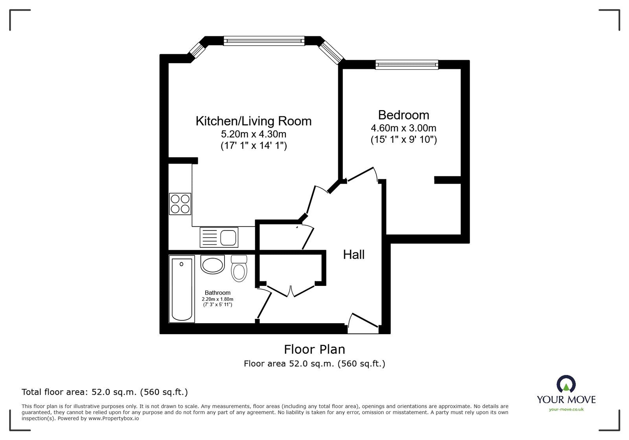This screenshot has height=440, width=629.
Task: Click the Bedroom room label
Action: [x=403, y=115]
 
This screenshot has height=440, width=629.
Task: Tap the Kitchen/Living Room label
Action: [x=254, y=121]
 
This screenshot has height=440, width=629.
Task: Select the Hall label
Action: [x=354, y=255]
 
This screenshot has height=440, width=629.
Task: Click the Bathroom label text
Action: [x=217, y=293]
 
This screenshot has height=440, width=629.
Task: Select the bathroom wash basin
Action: [x=212, y=264]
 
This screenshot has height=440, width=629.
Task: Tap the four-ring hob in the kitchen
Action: [x=180, y=204]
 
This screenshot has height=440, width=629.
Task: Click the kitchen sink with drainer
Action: [x=219, y=237]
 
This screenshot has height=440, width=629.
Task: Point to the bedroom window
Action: [x=406, y=64]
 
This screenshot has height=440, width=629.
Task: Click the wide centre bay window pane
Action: [x=264, y=41]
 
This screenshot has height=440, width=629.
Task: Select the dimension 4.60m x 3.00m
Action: [x=403, y=128]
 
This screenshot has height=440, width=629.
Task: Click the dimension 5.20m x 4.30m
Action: [x=254, y=134]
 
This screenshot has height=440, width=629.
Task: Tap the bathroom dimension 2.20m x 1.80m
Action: [x=217, y=299]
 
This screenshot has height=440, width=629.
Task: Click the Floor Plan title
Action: [x=314, y=349]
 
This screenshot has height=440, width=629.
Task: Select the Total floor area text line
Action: [x=105, y=392]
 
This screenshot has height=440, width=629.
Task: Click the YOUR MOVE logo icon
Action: [x=566, y=384]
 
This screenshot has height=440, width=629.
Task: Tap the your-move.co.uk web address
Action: [x=566, y=409]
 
